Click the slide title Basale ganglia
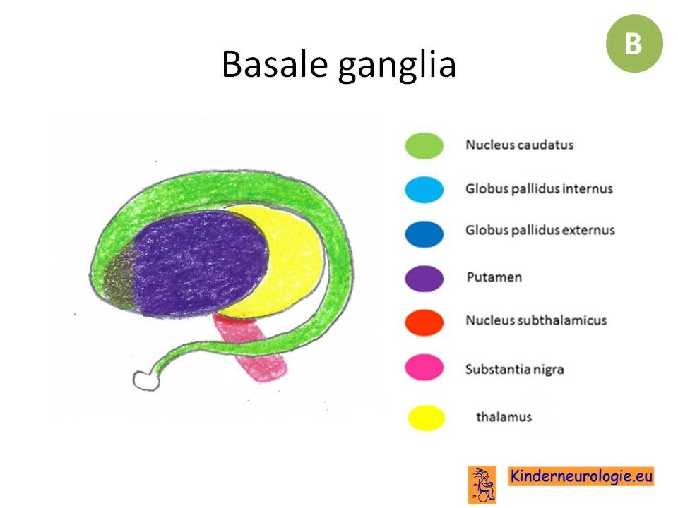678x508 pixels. click(338, 64)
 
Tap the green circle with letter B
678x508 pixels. click(634, 43)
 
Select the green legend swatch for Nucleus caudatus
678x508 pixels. click(424, 145)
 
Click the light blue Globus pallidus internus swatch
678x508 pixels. click(424, 189)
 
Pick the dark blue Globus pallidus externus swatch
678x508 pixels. click(424, 234)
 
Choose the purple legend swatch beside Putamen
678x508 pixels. click(424, 279)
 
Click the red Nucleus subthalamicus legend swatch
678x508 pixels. click(424, 322)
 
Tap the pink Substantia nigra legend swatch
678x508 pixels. click(424, 367)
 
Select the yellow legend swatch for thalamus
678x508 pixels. click(427, 418)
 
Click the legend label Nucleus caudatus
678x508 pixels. click(519, 145)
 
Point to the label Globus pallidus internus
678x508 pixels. click(539, 189)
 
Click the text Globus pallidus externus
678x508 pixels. click(540, 230)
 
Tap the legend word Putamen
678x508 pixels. click(494, 277)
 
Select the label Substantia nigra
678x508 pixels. click(515, 369)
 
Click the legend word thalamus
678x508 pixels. click(504, 417)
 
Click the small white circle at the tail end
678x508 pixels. click(145, 380)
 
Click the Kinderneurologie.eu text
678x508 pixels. click(581, 476)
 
